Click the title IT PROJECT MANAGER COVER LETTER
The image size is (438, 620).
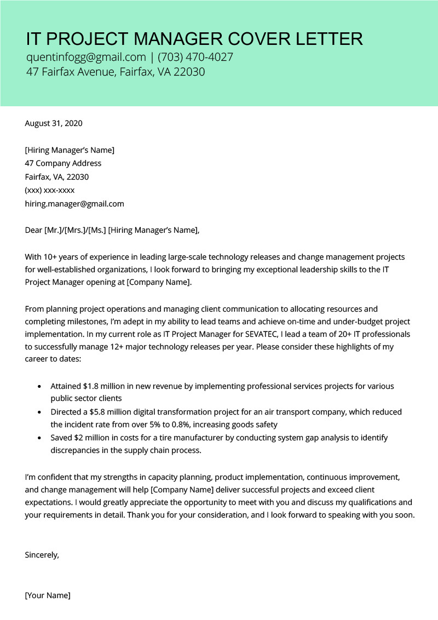[194, 39]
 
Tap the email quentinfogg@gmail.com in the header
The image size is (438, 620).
[86, 57]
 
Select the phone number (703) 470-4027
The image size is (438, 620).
[200, 57]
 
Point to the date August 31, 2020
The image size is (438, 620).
[54, 123]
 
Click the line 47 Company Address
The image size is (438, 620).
[63, 163]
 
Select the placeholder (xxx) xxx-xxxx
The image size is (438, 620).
[50, 191]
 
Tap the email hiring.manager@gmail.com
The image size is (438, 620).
[74, 204]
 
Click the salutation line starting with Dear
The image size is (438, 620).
[112, 230]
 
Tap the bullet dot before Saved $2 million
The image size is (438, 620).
[39, 438]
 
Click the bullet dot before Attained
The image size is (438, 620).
[39, 387]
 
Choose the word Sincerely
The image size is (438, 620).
[42, 555]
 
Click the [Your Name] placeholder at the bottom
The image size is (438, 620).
[48, 595]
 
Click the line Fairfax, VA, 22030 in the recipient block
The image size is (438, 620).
[57, 177]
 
